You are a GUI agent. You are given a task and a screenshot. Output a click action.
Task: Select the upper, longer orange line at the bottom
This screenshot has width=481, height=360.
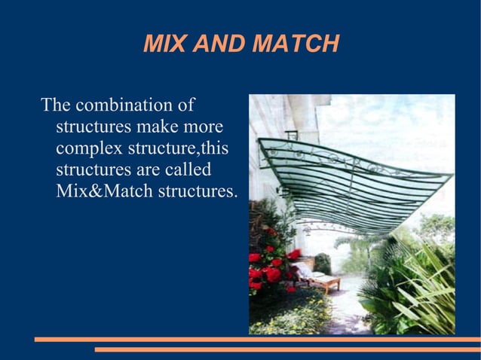[x=256, y=340]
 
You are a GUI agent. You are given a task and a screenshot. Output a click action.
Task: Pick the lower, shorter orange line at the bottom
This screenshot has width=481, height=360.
[x=286, y=349]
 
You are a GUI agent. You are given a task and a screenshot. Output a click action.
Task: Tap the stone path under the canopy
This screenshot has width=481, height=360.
[x=343, y=309]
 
